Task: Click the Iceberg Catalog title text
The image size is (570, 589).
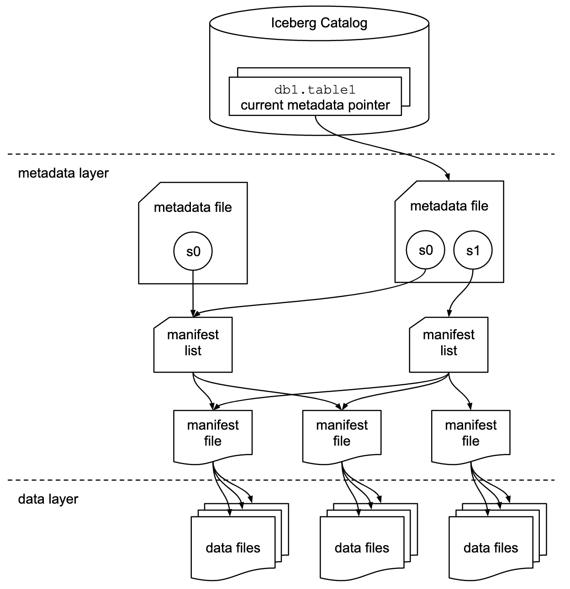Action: tap(319, 23)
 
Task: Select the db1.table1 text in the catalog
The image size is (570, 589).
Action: tap(315, 89)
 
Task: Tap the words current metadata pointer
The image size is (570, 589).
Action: tap(315, 105)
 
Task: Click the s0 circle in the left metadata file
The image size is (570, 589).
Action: tap(193, 251)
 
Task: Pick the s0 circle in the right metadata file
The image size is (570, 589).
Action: tap(425, 250)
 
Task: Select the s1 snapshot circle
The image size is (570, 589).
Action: tap(473, 250)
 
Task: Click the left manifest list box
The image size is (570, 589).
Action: tap(193, 344)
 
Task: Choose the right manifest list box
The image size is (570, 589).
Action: tap(449, 344)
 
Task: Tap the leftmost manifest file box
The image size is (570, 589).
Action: tap(213, 434)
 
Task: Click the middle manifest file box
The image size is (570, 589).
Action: tap(342, 434)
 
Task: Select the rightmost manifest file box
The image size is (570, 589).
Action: tap(470, 434)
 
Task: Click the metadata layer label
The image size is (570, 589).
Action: tap(63, 174)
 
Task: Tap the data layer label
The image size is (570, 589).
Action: tap(48, 499)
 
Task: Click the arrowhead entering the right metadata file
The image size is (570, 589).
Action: tap(448, 177)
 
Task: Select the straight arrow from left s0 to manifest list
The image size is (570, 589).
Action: tap(193, 292)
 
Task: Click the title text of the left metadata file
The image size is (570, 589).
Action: tap(193, 207)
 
